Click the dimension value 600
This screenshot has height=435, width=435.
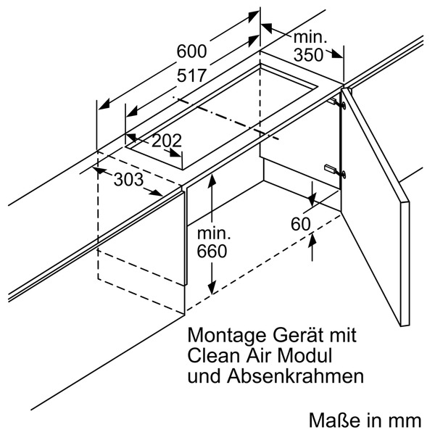192,51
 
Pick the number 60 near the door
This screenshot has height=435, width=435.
300,224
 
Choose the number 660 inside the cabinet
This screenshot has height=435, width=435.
212,252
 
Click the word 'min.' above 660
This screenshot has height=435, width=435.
213,234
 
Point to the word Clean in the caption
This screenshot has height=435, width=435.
211,357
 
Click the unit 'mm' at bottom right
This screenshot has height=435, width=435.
405,420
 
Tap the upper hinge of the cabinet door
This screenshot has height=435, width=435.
339,103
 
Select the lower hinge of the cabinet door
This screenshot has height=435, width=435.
336,170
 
